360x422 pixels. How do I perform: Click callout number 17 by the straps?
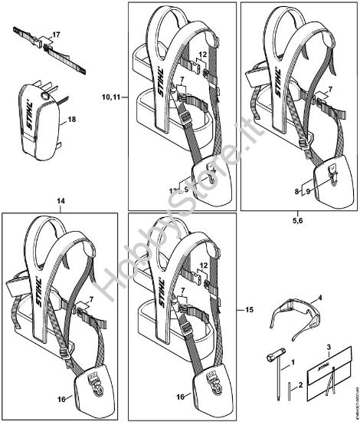click(55, 36)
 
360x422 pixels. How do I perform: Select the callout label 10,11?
click(111, 97)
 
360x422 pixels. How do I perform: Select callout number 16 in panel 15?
click(180, 397)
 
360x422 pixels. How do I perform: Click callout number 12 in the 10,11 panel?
click(203, 55)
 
